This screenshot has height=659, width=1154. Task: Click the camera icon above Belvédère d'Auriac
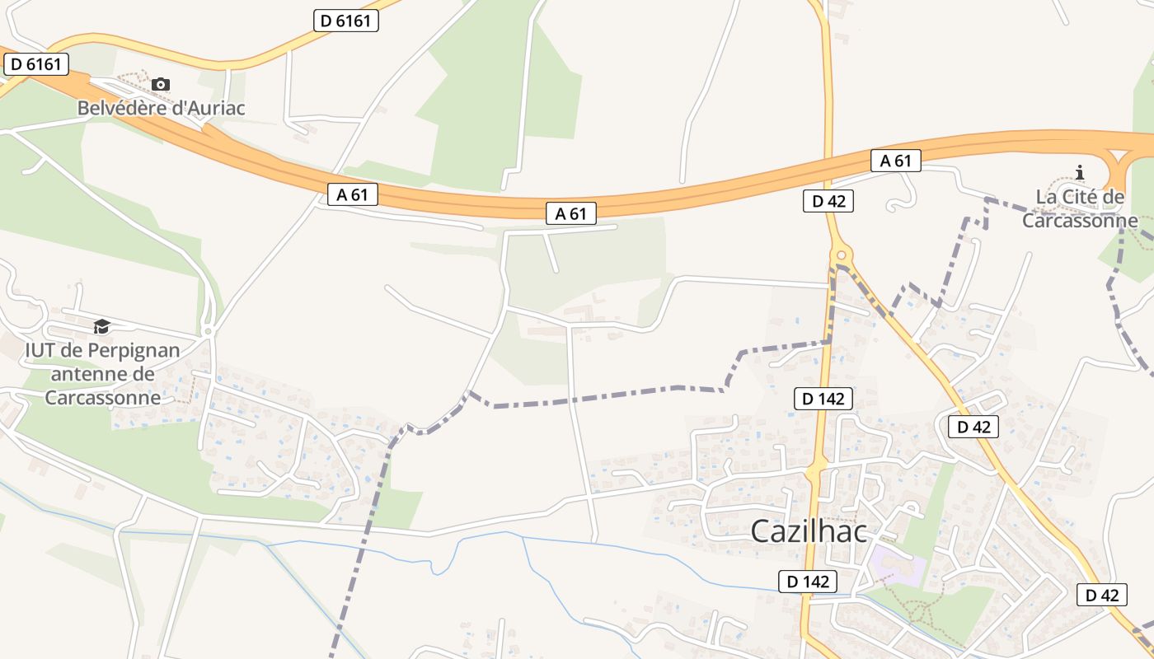[161, 84]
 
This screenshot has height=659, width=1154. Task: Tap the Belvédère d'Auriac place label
[162, 108]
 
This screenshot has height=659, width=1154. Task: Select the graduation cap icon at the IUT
[101, 327]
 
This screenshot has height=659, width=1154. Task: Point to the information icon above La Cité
[1080, 172]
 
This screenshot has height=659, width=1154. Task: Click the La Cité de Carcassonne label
[1080, 209]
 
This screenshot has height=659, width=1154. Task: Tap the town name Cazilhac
[809, 531]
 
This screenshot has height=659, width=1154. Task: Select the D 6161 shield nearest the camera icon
[35, 63]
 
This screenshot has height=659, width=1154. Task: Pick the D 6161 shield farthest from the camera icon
[345, 21]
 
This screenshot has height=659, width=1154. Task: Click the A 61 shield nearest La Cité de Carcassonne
[895, 161]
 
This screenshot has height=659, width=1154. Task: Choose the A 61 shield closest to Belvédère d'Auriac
[352, 194]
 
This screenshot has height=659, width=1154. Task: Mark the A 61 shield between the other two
[570, 213]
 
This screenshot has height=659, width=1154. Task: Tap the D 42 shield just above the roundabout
[828, 201]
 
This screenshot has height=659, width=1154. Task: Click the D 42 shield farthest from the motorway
[1101, 595]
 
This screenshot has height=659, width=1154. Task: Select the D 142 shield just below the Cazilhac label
[808, 581]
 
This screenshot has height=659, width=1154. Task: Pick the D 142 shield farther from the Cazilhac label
[823, 399]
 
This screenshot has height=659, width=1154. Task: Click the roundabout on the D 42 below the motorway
[841, 255]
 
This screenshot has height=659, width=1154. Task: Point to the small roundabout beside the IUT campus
[209, 331]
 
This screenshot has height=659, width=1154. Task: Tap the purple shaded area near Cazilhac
[897, 567]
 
